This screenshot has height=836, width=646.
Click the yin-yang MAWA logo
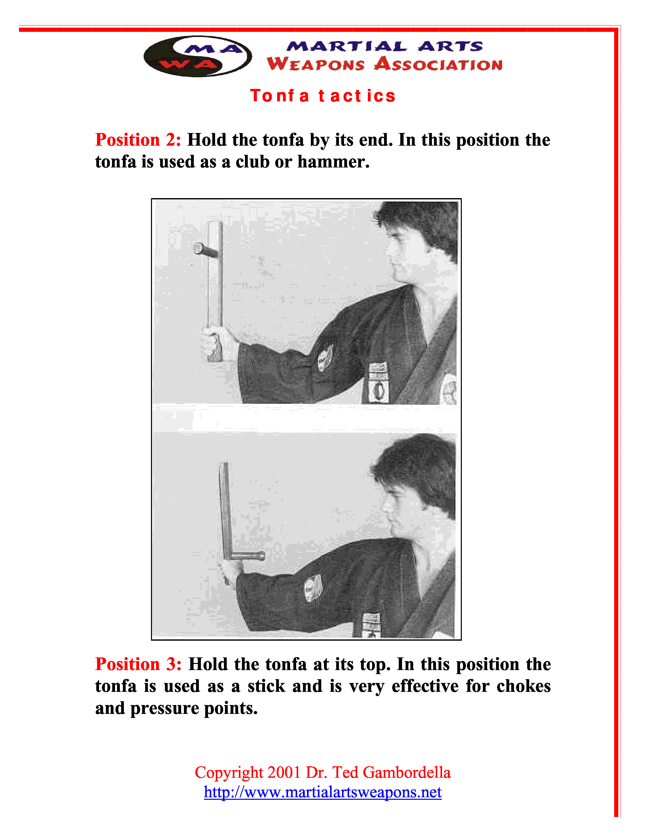tap(198, 56)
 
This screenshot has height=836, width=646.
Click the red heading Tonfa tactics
tap(322, 96)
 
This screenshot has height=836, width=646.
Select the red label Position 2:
tap(138, 140)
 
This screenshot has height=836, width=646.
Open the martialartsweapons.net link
tap(322, 792)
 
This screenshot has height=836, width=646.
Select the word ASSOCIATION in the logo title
tap(438, 64)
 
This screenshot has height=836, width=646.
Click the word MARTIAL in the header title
tap(347, 46)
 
